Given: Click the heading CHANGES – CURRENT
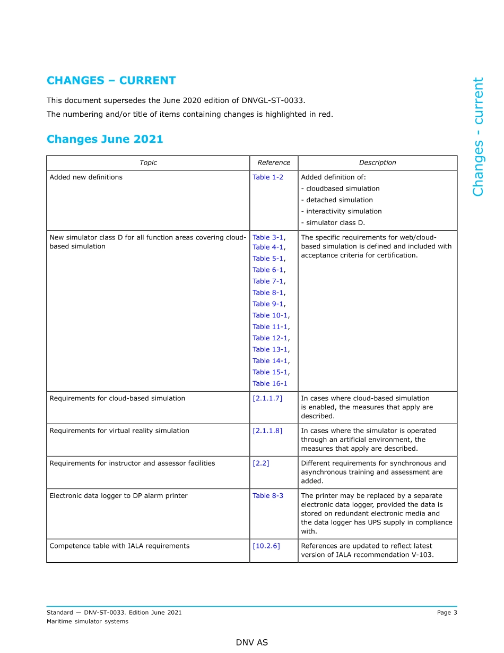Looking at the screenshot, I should [x=111, y=81].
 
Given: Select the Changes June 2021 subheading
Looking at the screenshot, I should [x=105, y=139].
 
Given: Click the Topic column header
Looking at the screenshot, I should [x=148, y=163].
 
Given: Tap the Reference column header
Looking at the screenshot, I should [x=274, y=163].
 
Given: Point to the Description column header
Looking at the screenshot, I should [x=377, y=163].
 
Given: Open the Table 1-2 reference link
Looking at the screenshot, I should [x=268, y=177].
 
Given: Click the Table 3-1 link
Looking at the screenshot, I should [x=268, y=238].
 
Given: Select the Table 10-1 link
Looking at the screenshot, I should [x=270, y=315].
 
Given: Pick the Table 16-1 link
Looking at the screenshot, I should [x=270, y=384].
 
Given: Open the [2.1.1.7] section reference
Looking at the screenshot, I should [x=267, y=398].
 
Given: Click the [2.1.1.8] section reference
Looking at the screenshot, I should [x=267, y=431].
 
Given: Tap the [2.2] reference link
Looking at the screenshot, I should [x=261, y=463].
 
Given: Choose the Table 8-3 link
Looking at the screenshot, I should [x=268, y=496].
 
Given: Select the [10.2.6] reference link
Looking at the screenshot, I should [x=266, y=546].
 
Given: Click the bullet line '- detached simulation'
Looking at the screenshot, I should [x=337, y=200].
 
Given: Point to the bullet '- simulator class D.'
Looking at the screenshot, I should [x=333, y=223].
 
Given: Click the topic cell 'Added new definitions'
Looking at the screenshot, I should [x=86, y=177].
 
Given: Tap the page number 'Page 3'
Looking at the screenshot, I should [x=447, y=613].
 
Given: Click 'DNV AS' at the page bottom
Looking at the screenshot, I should [x=252, y=643].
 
